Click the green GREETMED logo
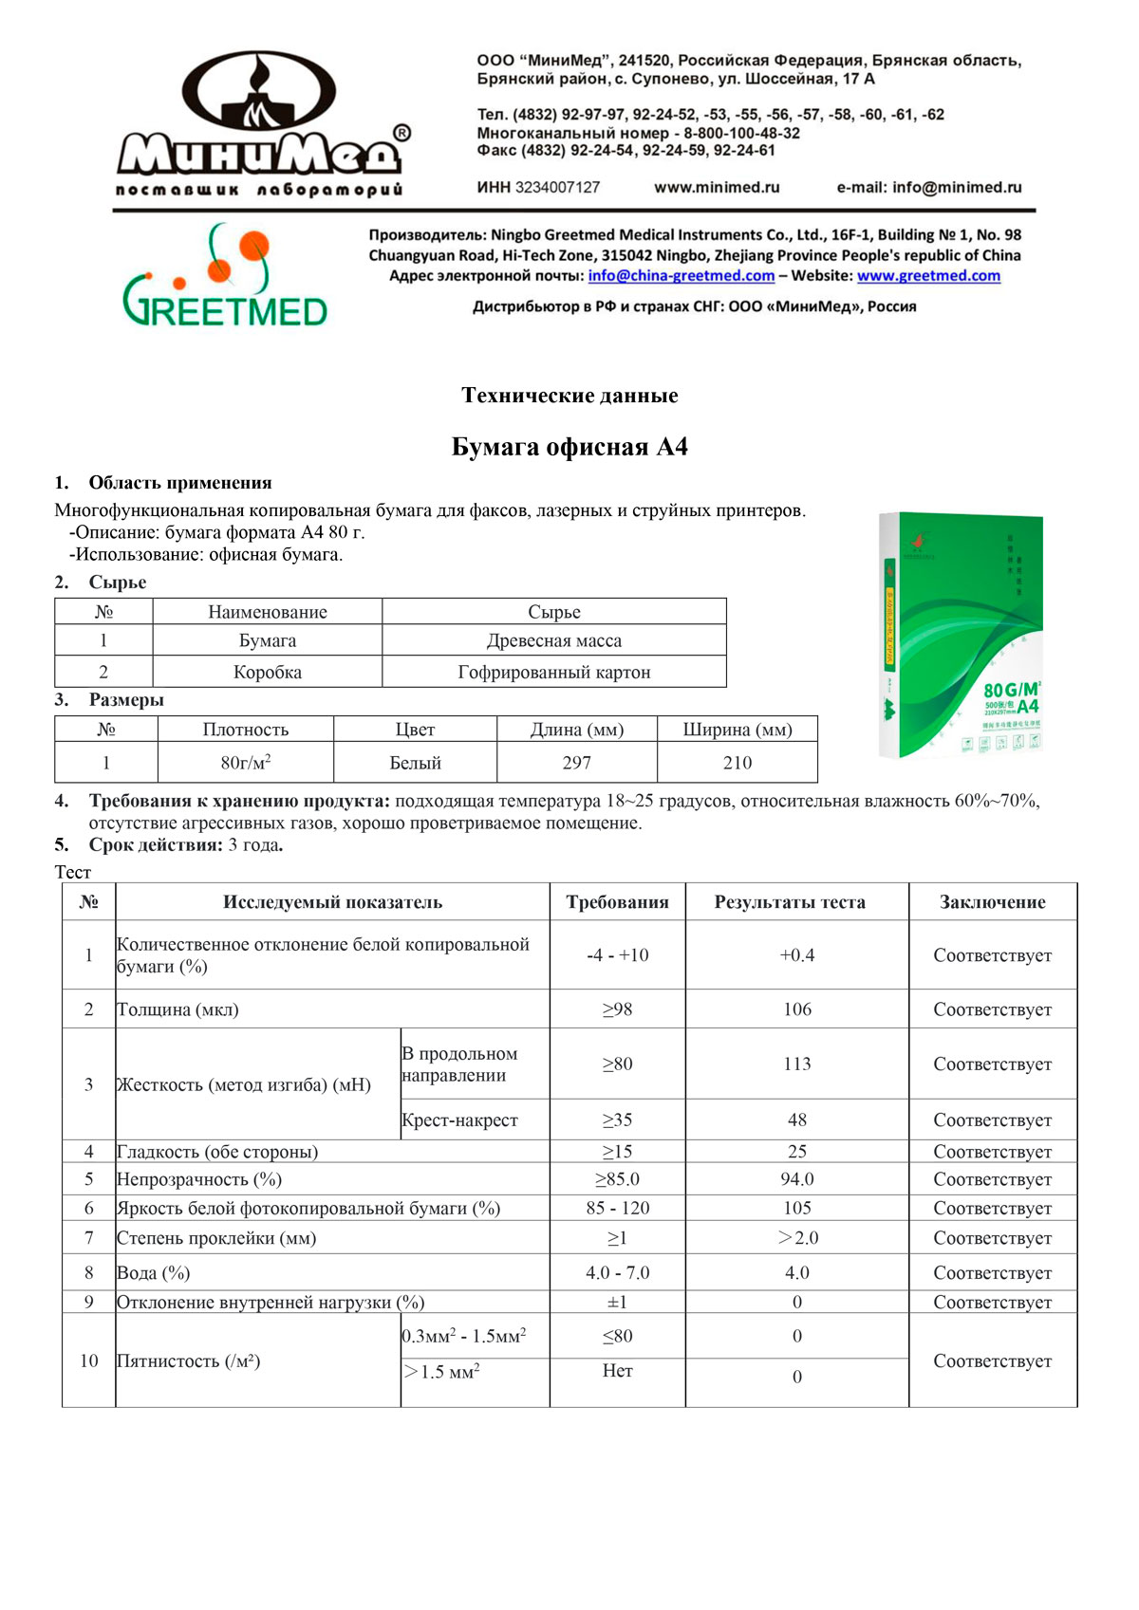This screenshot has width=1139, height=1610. tap(225, 275)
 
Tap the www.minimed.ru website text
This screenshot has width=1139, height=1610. tap(717, 188)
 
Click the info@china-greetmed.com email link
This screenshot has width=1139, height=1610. tap(681, 276)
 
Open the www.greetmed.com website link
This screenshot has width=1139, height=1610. tap(928, 276)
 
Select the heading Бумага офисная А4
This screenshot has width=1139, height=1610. tap(569, 447)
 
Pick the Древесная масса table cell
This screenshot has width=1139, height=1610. tap(554, 641)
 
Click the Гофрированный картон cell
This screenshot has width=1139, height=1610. tap(554, 673)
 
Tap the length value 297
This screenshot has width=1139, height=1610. tap(576, 763)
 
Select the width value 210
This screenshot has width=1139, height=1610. tap(737, 763)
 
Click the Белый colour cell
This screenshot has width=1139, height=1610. tap(415, 763)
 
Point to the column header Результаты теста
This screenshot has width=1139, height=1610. tap(790, 902)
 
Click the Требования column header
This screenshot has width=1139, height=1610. tap(617, 902)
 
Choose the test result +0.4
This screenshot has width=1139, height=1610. tap(796, 955)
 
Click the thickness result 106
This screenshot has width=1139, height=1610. tap(796, 1009)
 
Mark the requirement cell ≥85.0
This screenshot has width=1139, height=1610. tap(617, 1179)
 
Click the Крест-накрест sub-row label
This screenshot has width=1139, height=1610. tap(459, 1120)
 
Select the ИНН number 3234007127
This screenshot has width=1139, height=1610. tap(557, 188)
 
